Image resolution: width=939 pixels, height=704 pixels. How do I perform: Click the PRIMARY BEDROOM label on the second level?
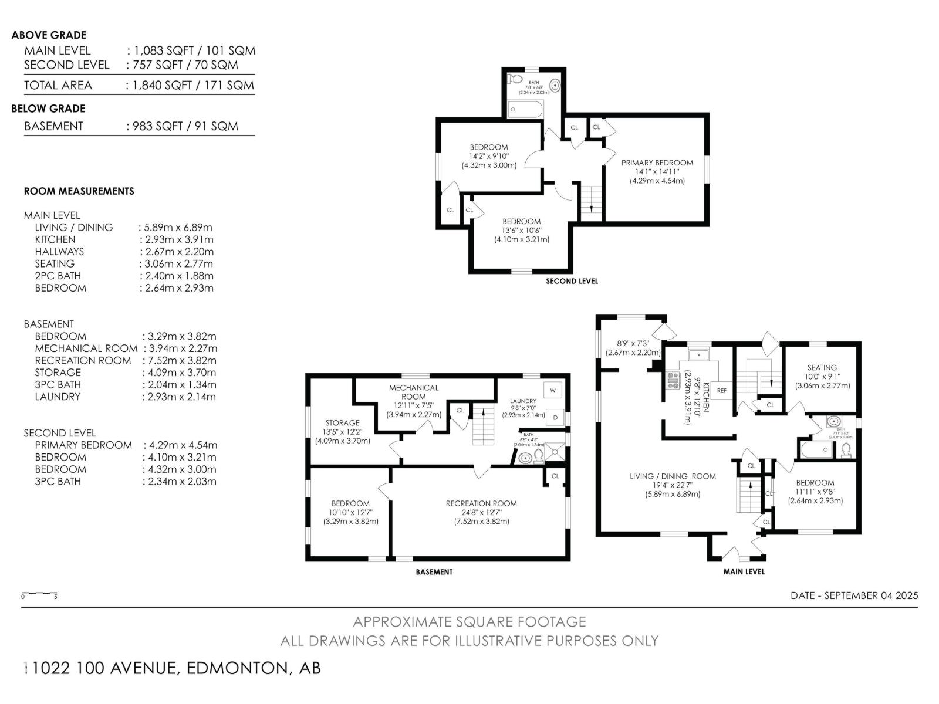pos(657,163)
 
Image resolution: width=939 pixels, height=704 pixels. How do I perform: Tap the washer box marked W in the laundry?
pos(553,390)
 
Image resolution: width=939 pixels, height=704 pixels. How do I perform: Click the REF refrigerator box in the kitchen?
pos(722,390)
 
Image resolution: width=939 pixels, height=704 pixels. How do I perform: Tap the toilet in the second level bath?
pos(516,79)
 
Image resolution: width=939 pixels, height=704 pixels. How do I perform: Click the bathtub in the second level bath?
pos(525,109)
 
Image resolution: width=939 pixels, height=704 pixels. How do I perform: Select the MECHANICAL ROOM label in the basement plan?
pos(414,391)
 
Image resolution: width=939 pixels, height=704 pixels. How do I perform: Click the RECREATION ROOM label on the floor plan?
pos(481,503)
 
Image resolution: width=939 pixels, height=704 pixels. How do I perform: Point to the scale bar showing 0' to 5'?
pos(39,594)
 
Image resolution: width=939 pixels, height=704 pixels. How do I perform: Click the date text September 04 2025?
pos(854,595)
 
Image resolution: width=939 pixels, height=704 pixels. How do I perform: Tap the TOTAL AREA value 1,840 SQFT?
pos(191,85)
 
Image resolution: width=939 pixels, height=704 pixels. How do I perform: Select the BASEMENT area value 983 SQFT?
pos(183,126)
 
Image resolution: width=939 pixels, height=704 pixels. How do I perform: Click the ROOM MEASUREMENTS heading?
pos(79,191)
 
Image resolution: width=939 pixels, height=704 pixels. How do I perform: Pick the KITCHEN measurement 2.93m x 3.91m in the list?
pos(177,239)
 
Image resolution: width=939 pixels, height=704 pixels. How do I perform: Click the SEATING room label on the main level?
pos(822,367)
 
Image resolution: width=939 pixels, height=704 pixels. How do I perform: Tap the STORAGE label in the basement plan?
pos(342,422)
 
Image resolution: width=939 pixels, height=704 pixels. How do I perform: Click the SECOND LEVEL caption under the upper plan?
pos(572,281)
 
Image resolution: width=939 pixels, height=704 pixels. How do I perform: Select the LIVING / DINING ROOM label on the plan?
pos(673,476)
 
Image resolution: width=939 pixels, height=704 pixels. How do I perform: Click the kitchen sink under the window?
pos(699,355)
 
